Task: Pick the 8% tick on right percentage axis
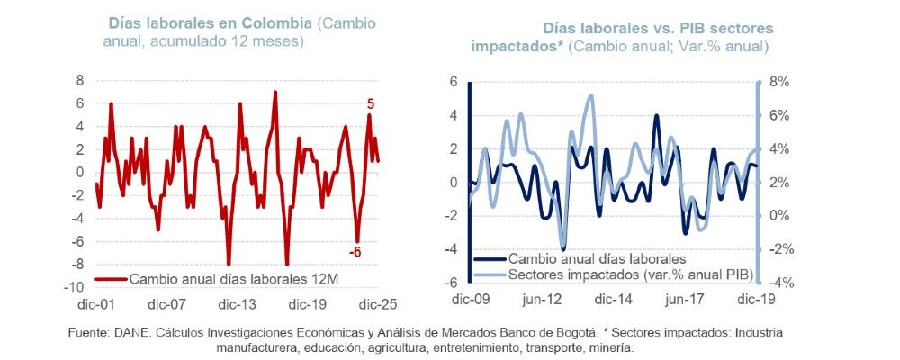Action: click(x=778, y=82)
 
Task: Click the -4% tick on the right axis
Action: click(x=778, y=282)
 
